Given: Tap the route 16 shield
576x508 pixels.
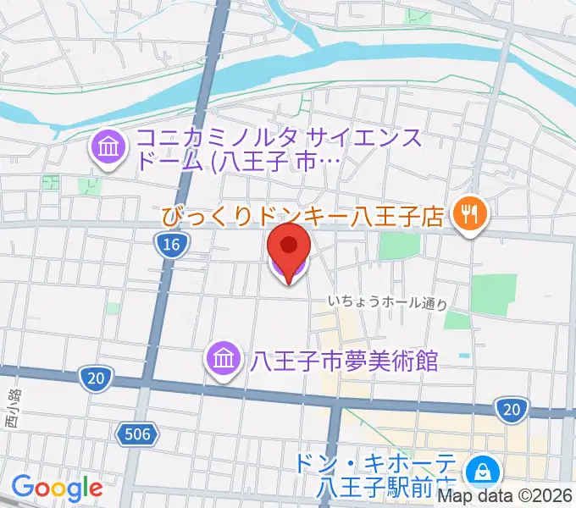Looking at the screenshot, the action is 172,246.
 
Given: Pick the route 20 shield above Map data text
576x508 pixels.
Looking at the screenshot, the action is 511,410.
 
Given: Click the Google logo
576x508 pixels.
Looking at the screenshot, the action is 57,488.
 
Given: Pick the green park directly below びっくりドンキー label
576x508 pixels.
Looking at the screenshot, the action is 399,245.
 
